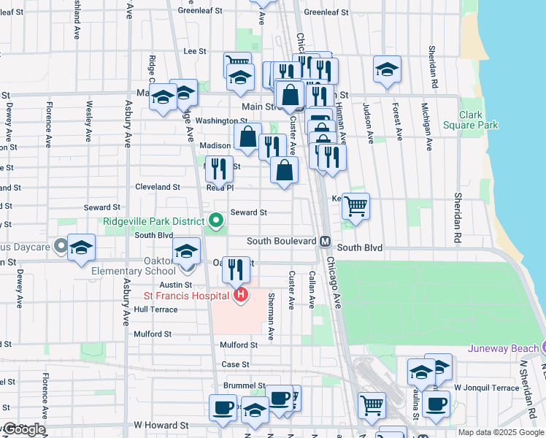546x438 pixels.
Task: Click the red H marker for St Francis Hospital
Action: pyautogui.click(x=240, y=295)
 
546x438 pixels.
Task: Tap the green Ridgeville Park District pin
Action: pyautogui.click(x=215, y=219)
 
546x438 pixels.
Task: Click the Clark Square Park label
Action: pyautogui.click(x=479, y=120)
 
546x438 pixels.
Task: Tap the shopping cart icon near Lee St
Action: pyautogui.click(x=237, y=64)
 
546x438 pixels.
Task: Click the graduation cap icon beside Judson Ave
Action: pyautogui.click(x=387, y=69)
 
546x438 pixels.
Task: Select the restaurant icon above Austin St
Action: pyautogui.click(x=236, y=269)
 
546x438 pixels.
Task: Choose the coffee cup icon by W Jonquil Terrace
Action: pyautogui.click(x=437, y=403)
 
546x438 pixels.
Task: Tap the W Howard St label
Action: pyautogui.click(x=161, y=425)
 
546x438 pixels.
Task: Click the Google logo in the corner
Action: pyautogui.click(x=23, y=429)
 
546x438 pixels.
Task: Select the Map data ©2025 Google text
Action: pyautogui.click(x=501, y=432)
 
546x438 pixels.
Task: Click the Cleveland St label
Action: pyautogui.click(x=157, y=187)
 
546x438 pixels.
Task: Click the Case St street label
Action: pyautogui.click(x=235, y=364)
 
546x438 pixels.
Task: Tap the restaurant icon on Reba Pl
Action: pyautogui.click(x=219, y=169)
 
